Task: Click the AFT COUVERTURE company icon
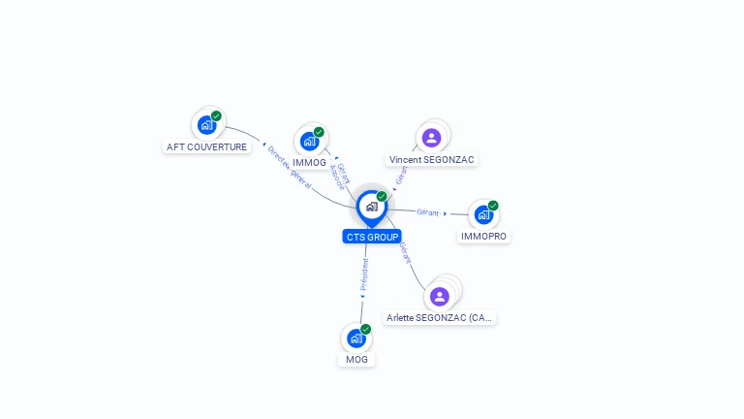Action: coord(206,124)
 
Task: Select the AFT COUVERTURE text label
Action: coord(207,147)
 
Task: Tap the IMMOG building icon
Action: coord(309,141)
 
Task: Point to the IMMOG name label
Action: coord(309,163)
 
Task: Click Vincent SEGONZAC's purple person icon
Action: coord(432,138)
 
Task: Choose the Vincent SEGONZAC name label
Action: coord(432,159)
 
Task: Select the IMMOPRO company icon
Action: coord(482,214)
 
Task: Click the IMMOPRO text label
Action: coord(483,236)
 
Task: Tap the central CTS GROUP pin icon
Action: coord(371,207)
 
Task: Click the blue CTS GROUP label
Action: coord(371,237)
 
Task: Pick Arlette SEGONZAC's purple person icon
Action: coord(440,296)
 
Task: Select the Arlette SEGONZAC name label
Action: coord(440,317)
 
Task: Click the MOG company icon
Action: coord(356,338)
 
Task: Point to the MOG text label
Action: coord(356,360)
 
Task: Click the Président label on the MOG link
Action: coord(364,275)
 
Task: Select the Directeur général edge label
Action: coord(289,168)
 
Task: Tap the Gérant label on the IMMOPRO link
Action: coord(427,211)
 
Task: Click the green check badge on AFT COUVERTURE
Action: coord(216,115)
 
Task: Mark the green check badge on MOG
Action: coord(365,330)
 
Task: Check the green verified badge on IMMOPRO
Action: coord(492,206)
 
